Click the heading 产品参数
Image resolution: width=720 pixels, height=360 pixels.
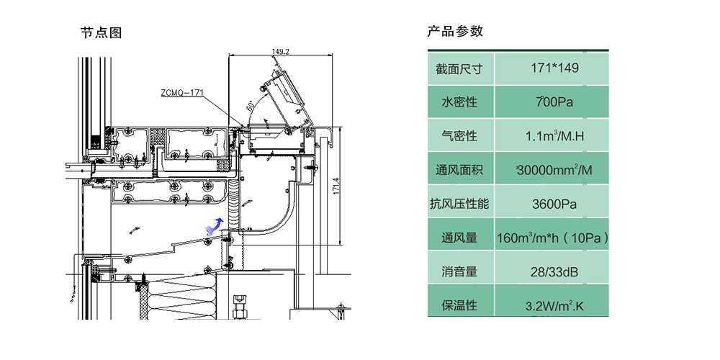click(455, 32)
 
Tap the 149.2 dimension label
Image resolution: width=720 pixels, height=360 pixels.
click(281, 51)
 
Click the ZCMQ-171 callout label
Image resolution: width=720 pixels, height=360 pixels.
click(183, 92)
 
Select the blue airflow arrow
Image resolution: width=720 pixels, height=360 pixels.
click(213, 226)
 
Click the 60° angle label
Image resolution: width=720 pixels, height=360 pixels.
click(251, 106)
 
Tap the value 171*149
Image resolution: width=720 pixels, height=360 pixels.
click(554, 68)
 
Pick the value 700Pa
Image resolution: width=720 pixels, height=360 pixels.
click(554, 102)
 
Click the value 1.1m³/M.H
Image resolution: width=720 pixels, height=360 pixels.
click(554, 136)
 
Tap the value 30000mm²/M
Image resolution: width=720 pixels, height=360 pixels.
click(554, 171)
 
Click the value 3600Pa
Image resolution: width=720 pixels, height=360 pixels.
click(554, 204)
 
